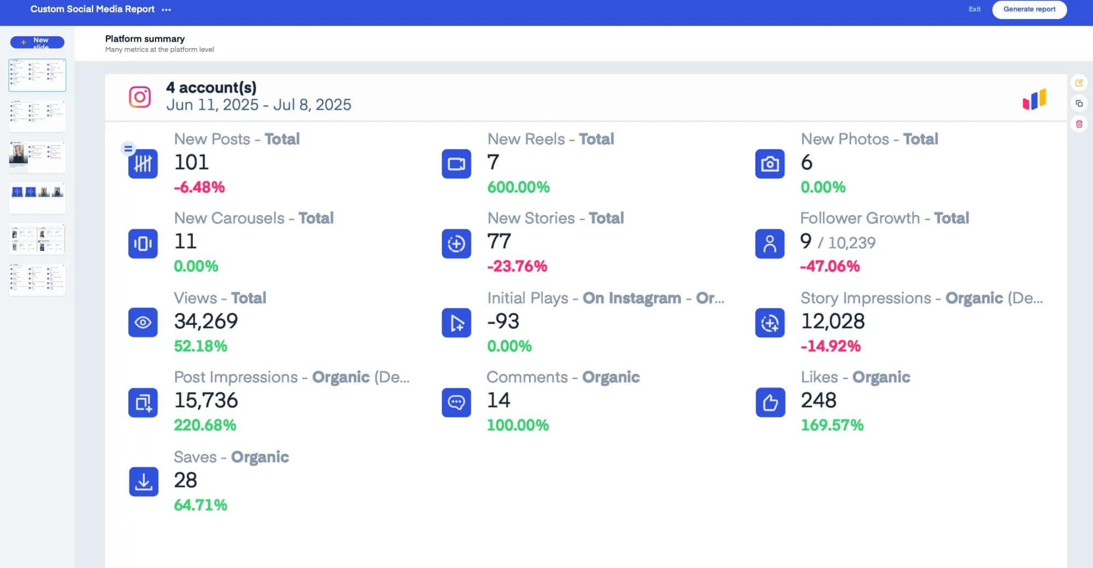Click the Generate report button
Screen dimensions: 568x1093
(1029, 9)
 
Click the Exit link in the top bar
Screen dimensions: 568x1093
(974, 9)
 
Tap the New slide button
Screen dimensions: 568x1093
(37, 42)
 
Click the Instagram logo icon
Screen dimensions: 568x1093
(140, 97)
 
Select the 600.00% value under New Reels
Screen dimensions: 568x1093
(518, 187)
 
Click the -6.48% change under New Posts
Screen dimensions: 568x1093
(199, 187)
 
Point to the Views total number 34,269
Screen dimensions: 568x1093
(206, 321)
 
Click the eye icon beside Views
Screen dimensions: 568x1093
(143, 323)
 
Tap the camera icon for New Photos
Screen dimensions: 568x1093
(769, 163)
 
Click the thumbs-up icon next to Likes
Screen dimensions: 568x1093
(770, 402)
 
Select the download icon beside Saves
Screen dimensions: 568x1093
(143, 482)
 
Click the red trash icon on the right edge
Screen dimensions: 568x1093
(1079, 124)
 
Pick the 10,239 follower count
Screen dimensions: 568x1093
(851, 243)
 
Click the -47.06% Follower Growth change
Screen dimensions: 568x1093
(830, 266)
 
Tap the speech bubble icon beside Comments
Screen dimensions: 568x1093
(456, 402)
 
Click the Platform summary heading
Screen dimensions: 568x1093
(145, 39)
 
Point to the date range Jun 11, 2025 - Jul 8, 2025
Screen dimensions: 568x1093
(258, 105)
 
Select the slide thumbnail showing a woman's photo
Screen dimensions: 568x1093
(37, 157)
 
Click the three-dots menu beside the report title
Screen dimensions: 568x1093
(166, 10)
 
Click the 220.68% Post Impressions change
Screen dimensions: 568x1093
(205, 425)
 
